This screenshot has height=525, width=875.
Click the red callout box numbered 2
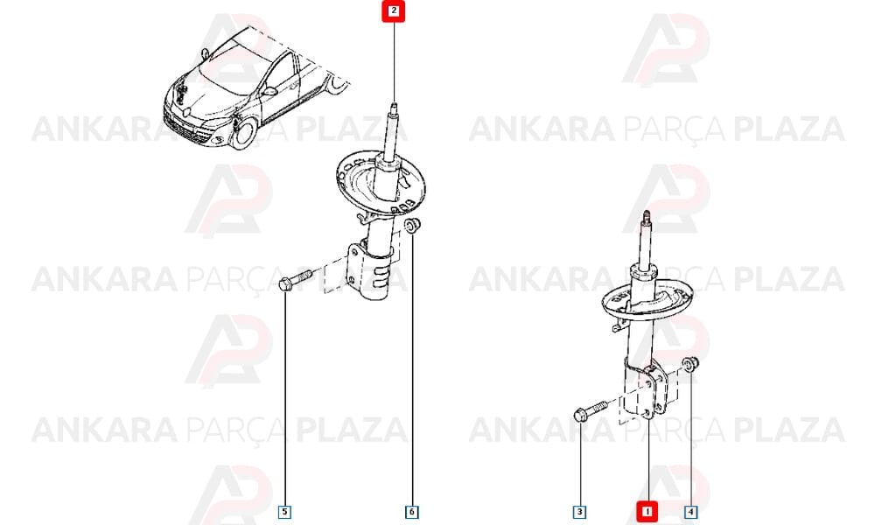tap(394, 11)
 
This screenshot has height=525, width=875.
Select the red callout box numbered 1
tap(647, 511)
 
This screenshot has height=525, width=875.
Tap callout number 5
tap(284, 512)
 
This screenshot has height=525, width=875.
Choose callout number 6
tap(412, 512)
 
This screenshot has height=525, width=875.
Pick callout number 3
tap(580, 512)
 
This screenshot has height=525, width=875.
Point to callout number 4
tap(690, 512)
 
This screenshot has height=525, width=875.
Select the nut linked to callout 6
tap(412, 226)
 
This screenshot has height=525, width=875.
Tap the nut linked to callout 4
tap(691, 364)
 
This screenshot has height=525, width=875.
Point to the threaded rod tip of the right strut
tap(647, 213)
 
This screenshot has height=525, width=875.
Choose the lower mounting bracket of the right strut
tap(646, 390)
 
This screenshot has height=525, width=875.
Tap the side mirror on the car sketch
tap(269, 91)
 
